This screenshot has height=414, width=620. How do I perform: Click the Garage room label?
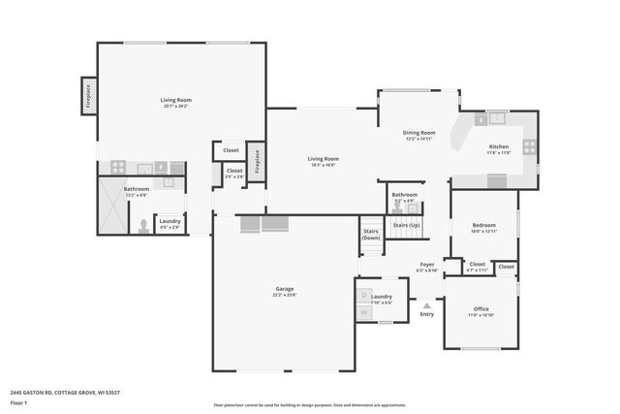pyautogui.click(x=285, y=289)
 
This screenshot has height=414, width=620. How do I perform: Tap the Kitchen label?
pyautogui.click(x=498, y=147)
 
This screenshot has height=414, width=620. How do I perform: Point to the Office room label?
pyautogui.click(x=480, y=309)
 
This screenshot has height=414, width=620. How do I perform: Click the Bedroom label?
pyautogui.click(x=483, y=226)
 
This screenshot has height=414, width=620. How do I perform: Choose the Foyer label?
pyautogui.click(x=426, y=264)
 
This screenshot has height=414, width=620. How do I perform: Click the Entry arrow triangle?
pyautogui.click(x=426, y=304)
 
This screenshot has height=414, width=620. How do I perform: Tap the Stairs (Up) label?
pyautogui.click(x=406, y=225)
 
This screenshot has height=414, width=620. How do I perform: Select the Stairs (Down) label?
pyautogui.click(x=371, y=235)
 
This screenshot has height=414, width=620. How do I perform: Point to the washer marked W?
pyautogui.click(x=365, y=312)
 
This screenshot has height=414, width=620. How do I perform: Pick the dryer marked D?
pyautogui.click(x=365, y=295)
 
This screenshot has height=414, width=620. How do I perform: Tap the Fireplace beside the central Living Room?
pyautogui.click(x=258, y=161)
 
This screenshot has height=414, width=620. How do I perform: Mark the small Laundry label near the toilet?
pyautogui.click(x=170, y=221)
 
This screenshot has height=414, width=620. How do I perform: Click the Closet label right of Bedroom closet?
pyautogui.click(x=507, y=266)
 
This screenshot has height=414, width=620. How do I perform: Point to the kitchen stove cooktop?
pyautogui.click(x=529, y=146)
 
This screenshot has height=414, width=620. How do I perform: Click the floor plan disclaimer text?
pyautogui.click(x=309, y=405)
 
